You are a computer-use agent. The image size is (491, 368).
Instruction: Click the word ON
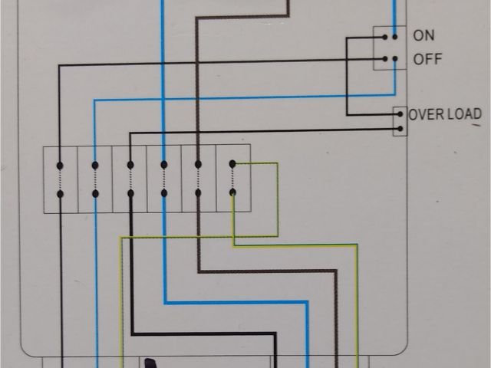(x=423, y=35)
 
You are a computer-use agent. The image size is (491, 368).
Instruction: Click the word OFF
(x=427, y=59)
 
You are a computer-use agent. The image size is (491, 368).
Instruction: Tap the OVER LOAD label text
(x=445, y=115)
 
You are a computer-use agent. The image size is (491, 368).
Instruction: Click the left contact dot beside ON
(x=385, y=35)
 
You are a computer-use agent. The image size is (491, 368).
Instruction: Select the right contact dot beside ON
(x=395, y=35)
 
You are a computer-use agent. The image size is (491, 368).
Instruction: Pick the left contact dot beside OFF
(x=385, y=59)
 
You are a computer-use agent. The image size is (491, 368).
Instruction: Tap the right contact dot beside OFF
(x=395, y=59)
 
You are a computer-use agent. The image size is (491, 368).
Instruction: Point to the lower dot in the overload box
(x=399, y=128)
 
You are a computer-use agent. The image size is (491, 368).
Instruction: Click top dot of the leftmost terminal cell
(x=60, y=164)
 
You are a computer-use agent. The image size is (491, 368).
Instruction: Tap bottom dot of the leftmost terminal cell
(x=60, y=193)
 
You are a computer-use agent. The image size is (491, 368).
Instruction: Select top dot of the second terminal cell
(x=95, y=164)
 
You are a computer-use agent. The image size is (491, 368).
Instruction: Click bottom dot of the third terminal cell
(x=130, y=193)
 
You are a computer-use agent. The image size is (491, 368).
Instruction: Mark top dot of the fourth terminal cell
(x=163, y=164)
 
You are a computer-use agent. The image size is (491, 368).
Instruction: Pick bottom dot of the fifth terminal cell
(x=198, y=193)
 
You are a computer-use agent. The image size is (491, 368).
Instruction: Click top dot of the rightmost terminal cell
(x=233, y=163)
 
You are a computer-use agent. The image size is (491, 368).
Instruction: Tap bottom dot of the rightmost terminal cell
(x=233, y=192)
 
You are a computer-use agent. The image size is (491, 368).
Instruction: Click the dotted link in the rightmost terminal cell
(x=233, y=178)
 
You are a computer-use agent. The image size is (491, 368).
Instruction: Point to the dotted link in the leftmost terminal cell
(x=60, y=179)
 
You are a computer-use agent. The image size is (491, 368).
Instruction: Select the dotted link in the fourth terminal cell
(x=163, y=179)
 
